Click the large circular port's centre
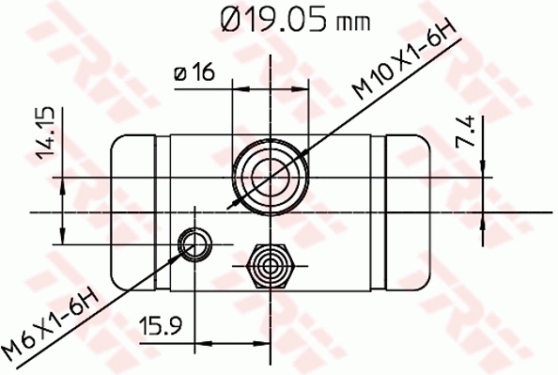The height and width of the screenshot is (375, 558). [270, 175]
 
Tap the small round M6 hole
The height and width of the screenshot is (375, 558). [194, 244]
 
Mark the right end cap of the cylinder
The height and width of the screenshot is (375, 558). [407, 211]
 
